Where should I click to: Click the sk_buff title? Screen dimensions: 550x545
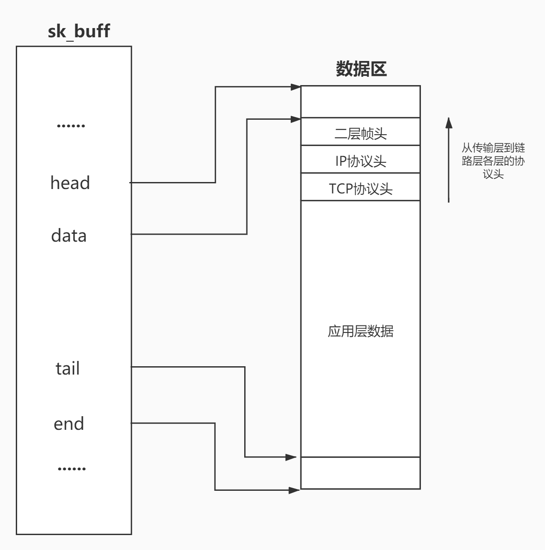point(78,31)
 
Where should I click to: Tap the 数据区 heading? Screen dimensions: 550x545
point(361,69)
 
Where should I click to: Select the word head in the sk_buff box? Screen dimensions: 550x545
point(70,183)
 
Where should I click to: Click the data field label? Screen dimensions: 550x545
point(69,236)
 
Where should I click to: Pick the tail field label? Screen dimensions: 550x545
point(68,368)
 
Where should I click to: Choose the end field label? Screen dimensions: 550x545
point(68,424)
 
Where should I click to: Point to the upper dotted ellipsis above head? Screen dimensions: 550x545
point(71,126)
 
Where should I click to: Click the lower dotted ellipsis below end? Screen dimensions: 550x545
point(71,469)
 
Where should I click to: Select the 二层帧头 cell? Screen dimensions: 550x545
point(360,133)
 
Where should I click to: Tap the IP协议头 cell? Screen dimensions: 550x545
point(360,161)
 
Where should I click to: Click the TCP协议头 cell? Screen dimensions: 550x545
point(360,189)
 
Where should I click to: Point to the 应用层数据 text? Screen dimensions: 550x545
point(360,331)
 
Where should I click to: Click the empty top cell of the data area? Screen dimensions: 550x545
point(360,102)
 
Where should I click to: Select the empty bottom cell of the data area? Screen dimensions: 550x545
point(360,473)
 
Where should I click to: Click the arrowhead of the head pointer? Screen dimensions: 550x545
point(296,87)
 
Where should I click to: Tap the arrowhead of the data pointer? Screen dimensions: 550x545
point(296,118)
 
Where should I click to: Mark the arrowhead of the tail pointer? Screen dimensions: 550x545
point(292,457)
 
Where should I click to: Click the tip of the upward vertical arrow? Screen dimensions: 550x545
point(449,119)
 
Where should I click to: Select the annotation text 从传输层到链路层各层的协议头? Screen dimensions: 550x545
point(493,161)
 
